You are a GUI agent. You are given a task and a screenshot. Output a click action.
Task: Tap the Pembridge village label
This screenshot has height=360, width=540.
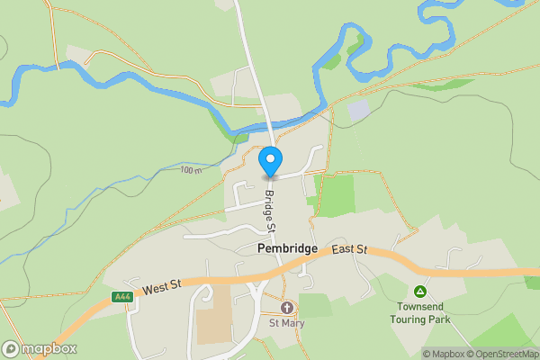[288, 247]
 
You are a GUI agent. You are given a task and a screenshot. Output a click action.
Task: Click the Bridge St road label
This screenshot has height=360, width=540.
[268, 212]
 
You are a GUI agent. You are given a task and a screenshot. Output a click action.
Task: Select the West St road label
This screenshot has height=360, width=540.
[163, 286]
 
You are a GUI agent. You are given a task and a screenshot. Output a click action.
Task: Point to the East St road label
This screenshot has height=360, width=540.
[349, 249]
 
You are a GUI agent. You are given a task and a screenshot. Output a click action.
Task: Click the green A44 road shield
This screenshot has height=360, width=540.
[122, 297]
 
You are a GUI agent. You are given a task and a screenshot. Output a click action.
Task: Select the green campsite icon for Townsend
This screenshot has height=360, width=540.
[419, 291]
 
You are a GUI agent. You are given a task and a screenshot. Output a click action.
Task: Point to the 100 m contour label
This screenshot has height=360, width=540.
[191, 169]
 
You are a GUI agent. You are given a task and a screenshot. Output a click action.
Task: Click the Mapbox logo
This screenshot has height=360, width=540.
[40, 348]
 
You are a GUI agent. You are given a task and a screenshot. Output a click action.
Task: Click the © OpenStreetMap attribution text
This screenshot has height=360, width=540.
[504, 354]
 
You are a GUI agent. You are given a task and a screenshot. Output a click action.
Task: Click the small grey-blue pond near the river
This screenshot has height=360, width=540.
[358, 111]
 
